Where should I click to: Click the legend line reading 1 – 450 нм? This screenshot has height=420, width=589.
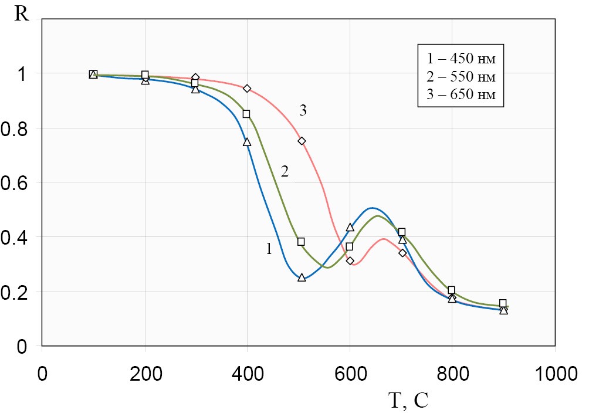click(461, 59)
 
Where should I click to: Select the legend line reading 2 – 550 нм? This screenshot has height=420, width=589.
click(461, 77)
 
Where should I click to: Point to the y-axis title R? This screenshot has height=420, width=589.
click(22, 13)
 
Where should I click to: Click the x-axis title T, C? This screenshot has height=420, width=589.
click(408, 400)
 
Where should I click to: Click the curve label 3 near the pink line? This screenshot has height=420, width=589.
click(303, 110)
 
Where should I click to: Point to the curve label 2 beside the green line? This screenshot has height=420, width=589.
click(285, 171)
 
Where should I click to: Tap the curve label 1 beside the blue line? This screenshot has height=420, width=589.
click(269, 249)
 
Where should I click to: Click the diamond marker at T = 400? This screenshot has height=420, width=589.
click(247, 89)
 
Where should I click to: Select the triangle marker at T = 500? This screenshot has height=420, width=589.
click(302, 277)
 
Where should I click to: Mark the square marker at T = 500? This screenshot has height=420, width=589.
click(301, 242)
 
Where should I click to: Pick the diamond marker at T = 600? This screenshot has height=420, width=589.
click(350, 260)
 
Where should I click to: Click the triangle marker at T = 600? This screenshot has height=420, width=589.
click(350, 227)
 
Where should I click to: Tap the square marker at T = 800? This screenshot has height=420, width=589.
click(451, 290)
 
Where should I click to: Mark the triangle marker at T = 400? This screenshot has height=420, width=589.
click(247, 142)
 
